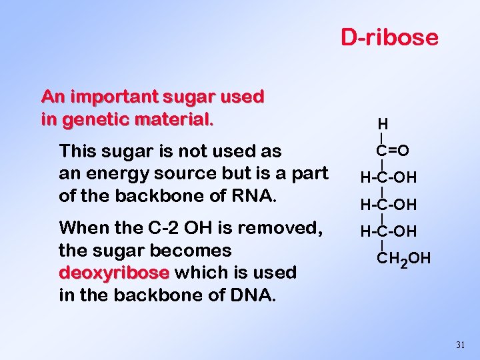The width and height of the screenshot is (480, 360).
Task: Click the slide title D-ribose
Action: click(x=390, y=37)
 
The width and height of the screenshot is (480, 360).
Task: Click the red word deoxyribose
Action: click(x=115, y=273)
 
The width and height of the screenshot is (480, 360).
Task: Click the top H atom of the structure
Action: click(x=383, y=124)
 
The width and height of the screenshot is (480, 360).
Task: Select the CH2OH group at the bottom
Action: click(x=404, y=258)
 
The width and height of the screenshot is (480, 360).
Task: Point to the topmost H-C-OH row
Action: click(x=389, y=177)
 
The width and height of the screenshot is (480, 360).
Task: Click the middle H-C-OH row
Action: click(x=389, y=204)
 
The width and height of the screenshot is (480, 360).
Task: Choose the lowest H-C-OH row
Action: click(x=389, y=231)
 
